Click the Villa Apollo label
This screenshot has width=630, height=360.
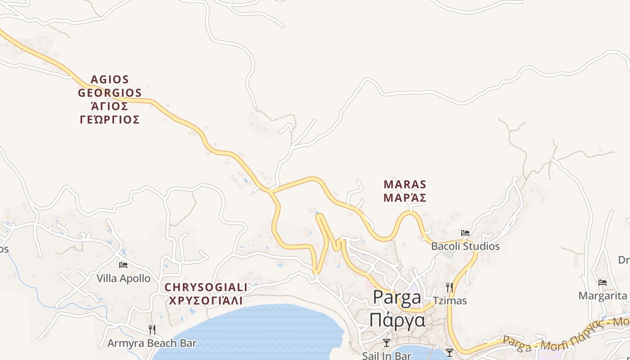pyautogui.click(x=124, y=279)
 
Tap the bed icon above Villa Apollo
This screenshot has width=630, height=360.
pyautogui.click(x=123, y=265)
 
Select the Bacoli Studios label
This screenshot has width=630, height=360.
pyautogui.click(x=465, y=246)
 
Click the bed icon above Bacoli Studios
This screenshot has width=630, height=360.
pyautogui.click(x=465, y=233)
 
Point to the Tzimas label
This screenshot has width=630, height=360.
pyautogui.click(x=450, y=301)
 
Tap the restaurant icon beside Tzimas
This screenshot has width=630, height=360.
pyautogui.click(x=449, y=287)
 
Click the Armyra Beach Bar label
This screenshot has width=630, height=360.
pyautogui.click(x=152, y=343)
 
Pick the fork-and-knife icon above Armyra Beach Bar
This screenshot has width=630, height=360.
pyautogui.click(x=152, y=329)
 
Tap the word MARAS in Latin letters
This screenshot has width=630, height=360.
pyautogui.click(x=405, y=184)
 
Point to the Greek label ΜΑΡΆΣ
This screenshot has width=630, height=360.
pyautogui.click(x=405, y=198)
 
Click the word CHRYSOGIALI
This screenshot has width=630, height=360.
pyautogui.click(x=206, y=287)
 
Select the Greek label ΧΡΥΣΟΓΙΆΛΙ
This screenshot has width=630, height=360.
pyautogui.click(x=206, y=300)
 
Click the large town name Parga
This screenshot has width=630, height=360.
pyautogui.click(x=397, y=297)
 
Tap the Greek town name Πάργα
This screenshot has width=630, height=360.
pyautogui.click(x=397, y=319)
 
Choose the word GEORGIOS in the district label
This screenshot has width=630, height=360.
pyautogui.click(x=110, y=93)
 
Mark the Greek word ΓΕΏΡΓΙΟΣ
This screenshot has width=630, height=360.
pyautogui.click(x=110, y=120)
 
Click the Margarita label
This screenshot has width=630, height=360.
pyautogui.click(x=603, y=296)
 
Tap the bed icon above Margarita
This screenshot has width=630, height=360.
pyautogui.click(x=603, y=283)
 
